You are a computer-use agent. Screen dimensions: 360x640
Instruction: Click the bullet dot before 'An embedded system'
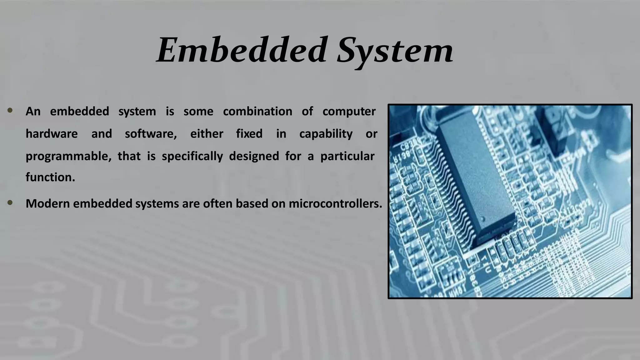coord(10,110)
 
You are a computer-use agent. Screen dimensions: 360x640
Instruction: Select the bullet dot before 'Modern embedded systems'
coord(10,203)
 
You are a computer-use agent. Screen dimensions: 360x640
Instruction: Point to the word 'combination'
coord(257,112)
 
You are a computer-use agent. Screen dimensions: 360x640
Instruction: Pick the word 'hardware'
coord(52,134)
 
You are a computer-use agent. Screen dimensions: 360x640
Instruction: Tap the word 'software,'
coord(151,134)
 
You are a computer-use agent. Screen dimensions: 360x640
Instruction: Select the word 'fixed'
coord(249,134)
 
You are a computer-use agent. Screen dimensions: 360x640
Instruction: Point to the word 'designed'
coord(254,156)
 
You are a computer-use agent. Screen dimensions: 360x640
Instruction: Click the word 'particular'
coord(347,156)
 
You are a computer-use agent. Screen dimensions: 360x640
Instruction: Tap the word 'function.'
coord(50,177)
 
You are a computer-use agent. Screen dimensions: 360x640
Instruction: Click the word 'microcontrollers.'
coord(335,204)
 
